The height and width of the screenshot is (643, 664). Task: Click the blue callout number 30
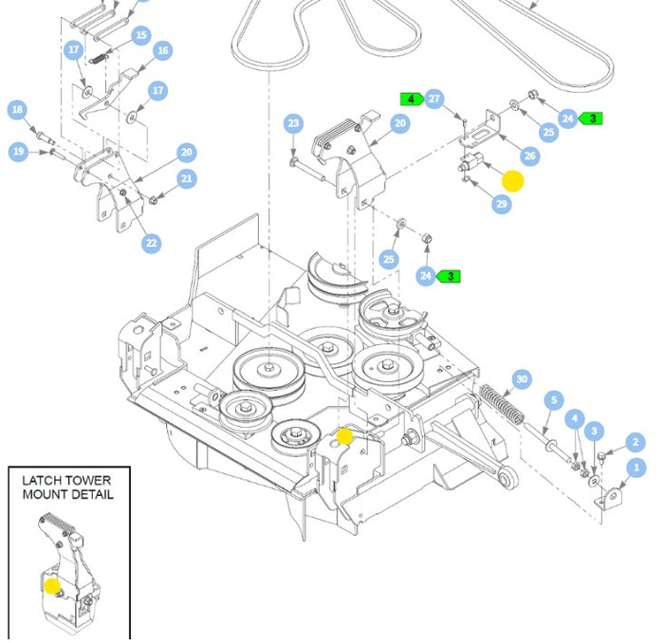[521, 379]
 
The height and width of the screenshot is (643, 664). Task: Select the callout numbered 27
[434, 99]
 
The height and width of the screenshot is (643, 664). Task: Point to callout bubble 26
[529, 156]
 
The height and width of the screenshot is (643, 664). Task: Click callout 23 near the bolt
[293, 123]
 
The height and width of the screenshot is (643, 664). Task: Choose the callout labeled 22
[152, 244]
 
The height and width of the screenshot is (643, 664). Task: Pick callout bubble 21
[187, 178]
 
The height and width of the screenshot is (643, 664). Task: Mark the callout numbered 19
[18, 151]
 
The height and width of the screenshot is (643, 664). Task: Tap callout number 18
[17, 110]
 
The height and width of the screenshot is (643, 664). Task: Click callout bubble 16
[162, 50]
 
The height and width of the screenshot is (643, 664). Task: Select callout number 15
[141, 36]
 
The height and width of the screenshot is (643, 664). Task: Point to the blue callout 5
[553, 401]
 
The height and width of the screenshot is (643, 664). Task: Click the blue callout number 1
[637, 468]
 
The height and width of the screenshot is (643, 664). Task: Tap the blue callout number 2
[636, 441]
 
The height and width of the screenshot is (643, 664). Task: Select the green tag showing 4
[411, 99]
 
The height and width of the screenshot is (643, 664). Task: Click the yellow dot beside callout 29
[512, 181]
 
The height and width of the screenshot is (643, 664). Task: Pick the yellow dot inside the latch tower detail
[51, 586]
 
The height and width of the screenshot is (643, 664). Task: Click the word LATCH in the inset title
[45, 481]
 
